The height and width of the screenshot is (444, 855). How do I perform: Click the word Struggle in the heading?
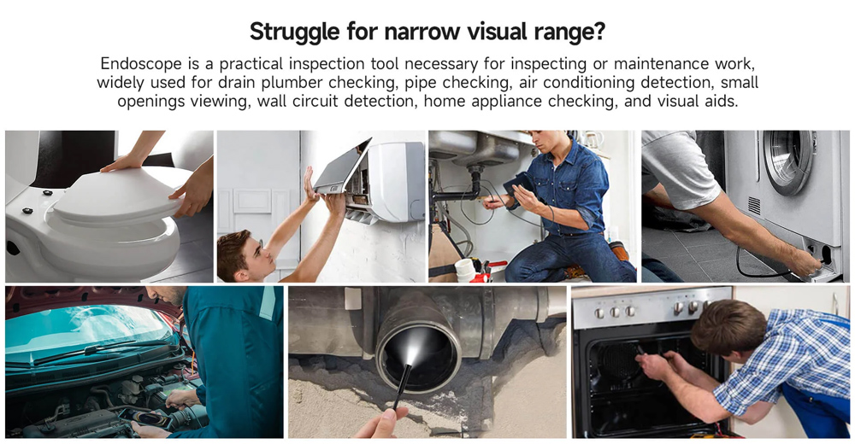pos(295,32)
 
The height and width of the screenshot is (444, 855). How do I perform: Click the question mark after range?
pos(598,31)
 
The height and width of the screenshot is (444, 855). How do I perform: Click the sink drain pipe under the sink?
pos(474,183)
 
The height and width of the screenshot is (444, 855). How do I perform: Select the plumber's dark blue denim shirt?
pos(568,185)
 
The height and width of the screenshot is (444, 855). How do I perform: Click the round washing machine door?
pos(788,161)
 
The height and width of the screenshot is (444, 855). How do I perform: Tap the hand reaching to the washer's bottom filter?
pos(804,261)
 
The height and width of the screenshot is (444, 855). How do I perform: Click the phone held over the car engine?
pos(145,418)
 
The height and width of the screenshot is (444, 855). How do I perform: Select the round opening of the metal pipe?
pos(418,356)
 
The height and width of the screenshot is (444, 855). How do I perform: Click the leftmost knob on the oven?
pos(599,313)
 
